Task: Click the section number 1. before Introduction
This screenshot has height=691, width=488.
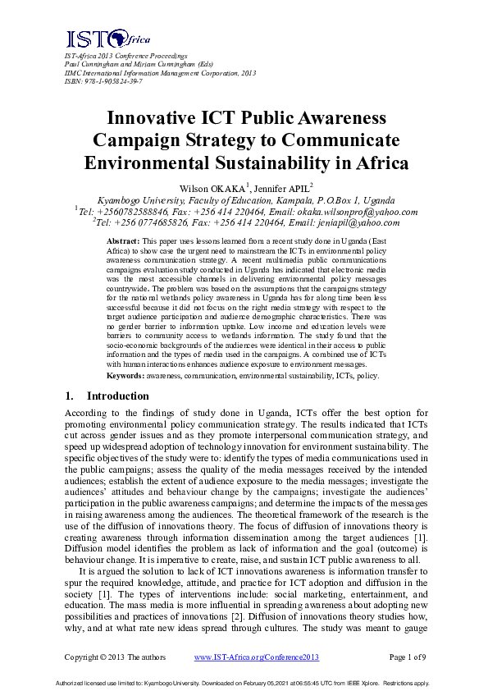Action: (71, 396)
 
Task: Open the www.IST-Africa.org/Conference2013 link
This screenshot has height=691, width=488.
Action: (256, 657)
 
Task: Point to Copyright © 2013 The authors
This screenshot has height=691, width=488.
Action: (115, 657)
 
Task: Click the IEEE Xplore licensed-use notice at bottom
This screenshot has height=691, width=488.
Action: (244, 682)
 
